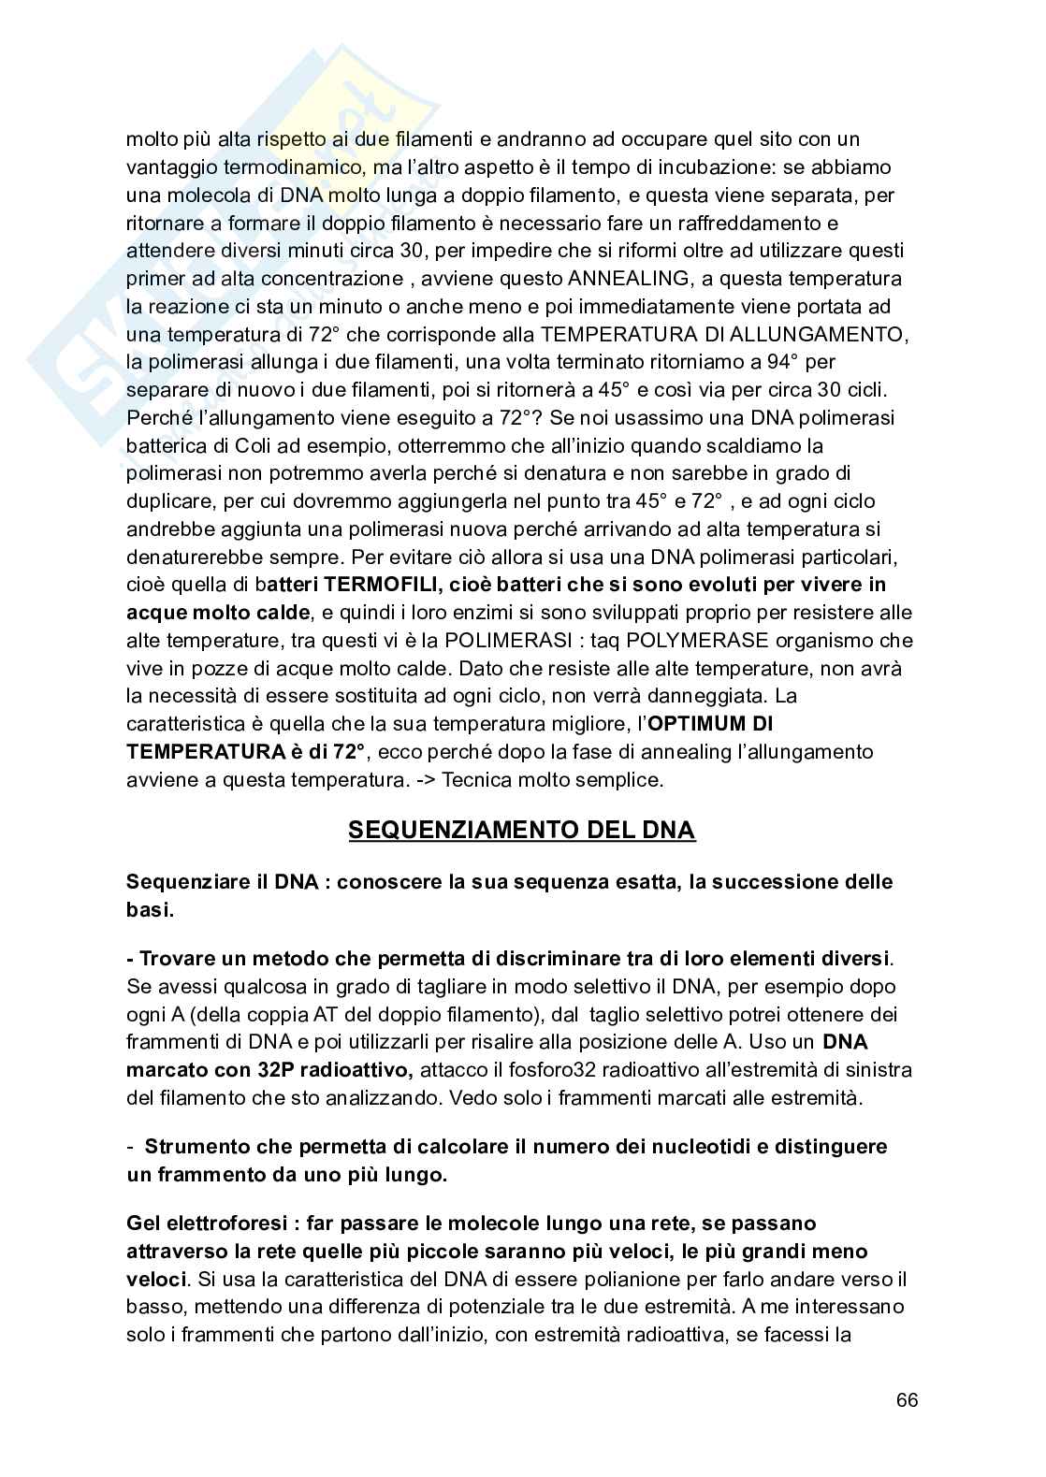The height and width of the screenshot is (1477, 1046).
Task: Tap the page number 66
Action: pos(907,1400)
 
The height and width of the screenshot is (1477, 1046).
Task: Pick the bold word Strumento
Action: pos(198,1146)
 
